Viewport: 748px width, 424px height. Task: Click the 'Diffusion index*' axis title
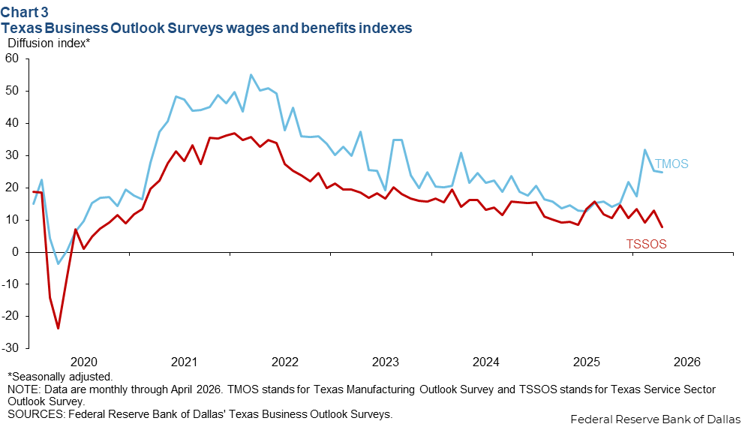[49, 43]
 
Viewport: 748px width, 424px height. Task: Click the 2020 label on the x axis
[83, 362]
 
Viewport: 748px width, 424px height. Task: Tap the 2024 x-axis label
[485, 362]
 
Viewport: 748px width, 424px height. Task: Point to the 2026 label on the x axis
[686, 362]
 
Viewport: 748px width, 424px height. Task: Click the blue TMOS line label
[671, 164]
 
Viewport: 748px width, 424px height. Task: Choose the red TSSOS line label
[646, 244]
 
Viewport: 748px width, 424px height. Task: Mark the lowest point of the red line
[58, 328]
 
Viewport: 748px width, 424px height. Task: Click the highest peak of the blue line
[251, 75]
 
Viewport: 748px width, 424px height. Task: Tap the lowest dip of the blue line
[58, 263]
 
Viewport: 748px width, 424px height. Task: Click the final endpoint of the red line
[662, 227]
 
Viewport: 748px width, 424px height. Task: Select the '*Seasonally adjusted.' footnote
[60, 376]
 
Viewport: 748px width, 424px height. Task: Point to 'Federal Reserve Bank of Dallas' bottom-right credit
[655, 418]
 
